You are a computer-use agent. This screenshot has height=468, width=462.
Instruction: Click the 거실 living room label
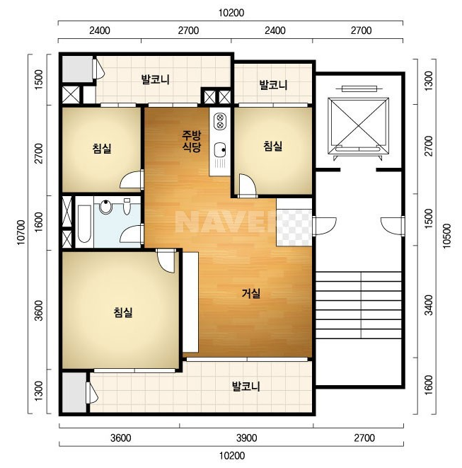coord(251,293)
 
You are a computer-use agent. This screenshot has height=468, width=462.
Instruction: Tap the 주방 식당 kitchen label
coord(192,142)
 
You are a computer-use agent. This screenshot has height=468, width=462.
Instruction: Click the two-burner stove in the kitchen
coord(220,121)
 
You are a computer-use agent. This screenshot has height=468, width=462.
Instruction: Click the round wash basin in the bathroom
coord(105,206)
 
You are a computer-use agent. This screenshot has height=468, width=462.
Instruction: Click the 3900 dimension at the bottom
coord(247,438)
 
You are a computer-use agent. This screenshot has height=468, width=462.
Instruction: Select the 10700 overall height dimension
coord(21,233)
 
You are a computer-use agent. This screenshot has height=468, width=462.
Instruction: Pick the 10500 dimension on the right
coord(446,236)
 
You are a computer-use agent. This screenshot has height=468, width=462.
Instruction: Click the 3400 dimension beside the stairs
coord(429,304)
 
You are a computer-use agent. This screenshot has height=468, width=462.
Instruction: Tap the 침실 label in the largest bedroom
coord(122,312)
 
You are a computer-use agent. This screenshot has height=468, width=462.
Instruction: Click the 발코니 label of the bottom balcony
coord(246,386)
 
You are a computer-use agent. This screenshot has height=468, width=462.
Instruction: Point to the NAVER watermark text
coord(226,222)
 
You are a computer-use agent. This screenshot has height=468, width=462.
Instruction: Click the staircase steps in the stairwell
coord(359,304)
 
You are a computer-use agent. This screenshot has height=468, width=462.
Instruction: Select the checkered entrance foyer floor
coord(294,227)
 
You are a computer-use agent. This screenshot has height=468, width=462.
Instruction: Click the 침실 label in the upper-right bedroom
coord(272,146)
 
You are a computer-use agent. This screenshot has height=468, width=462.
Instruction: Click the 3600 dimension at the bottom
coord(120,438)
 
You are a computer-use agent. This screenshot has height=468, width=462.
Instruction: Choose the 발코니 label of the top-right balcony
coord(273,85)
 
